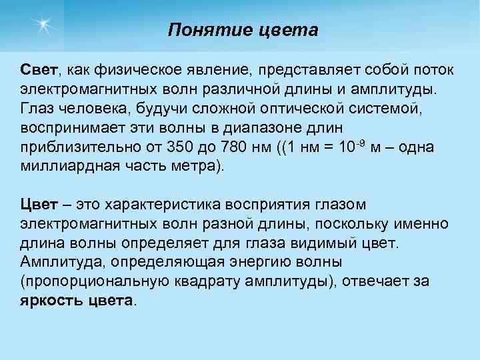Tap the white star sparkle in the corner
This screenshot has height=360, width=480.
coord(44,25)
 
